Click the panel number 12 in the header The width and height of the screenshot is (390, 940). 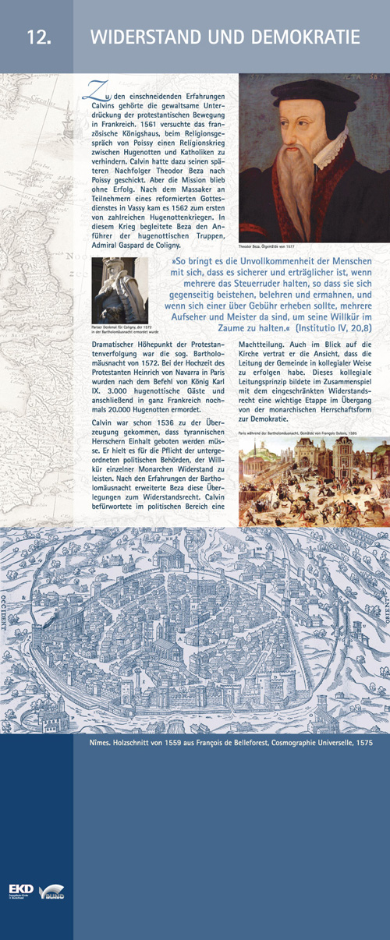tap(37, 37)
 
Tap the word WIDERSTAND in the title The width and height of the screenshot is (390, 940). tap(147, 37)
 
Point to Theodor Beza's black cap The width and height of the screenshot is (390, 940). tap(307, 94)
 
